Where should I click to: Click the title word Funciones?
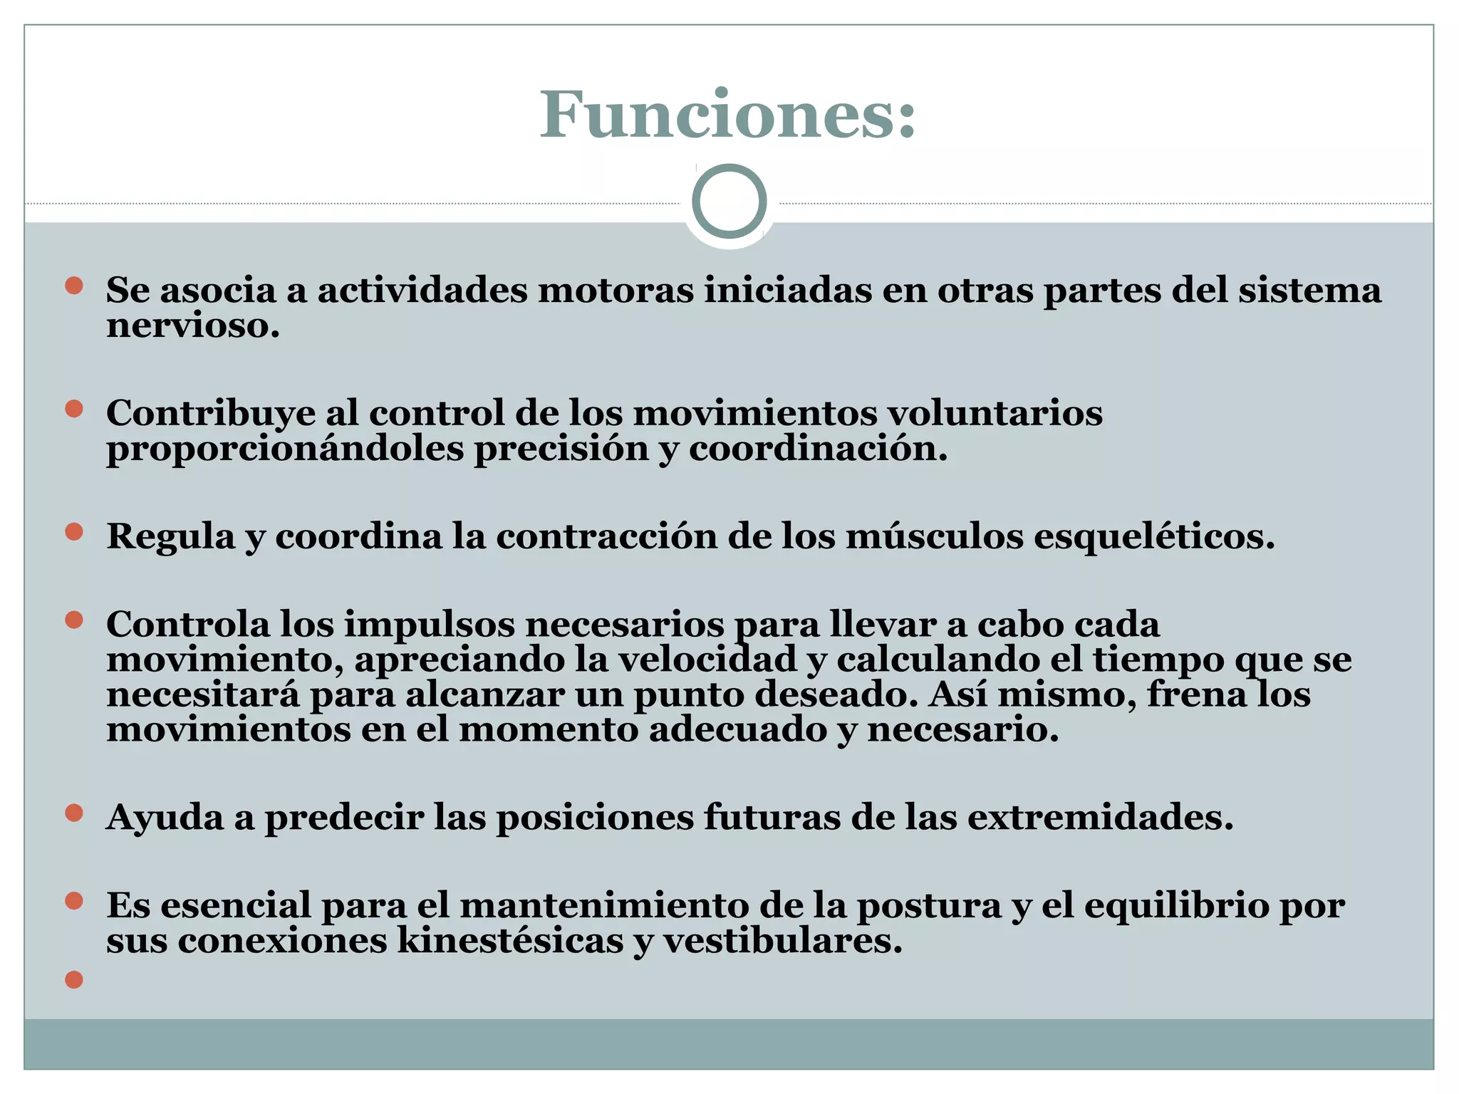pos(727,115)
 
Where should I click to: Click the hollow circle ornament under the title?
pos(729,202)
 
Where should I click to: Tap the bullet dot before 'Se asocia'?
pos(74,286)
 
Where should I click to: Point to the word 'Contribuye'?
pos(211,413)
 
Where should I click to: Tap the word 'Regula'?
pos(170,536)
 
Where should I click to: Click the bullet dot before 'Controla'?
pos(74,620)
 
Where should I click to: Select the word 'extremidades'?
pos(1100,818)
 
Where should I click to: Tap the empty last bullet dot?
pos(74,980)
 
